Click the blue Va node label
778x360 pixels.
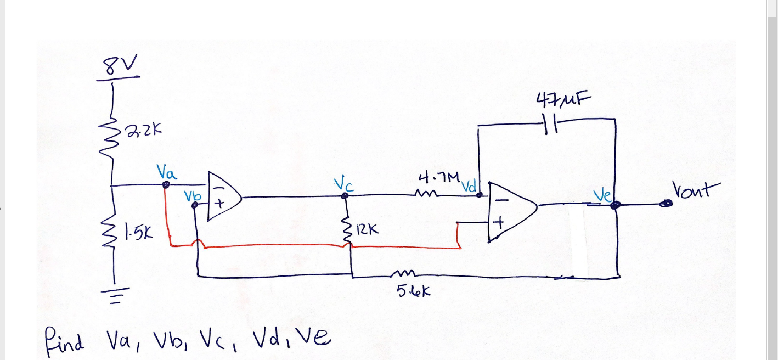pos(166,173)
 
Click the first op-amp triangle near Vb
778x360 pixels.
pos(223,196)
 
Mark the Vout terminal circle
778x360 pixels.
pos(667,204)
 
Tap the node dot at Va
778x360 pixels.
pos(166,185)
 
